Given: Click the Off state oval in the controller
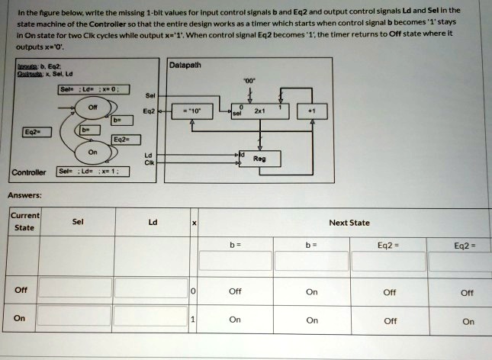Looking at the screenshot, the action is coord(92,108).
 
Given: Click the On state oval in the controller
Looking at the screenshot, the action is coord(92,152).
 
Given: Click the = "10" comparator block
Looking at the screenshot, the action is coord(191,111).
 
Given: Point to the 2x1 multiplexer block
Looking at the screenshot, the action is coord(261,111).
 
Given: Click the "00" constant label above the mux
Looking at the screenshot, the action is coord(251,79).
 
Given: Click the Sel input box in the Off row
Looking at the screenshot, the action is coord(76,291).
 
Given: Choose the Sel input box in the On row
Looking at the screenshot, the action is coord(76,320).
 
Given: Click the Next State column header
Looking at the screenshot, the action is coord(349,223).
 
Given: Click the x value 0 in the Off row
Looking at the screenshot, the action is coord(195,291).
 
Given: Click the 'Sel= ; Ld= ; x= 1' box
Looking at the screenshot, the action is coord(95,170).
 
